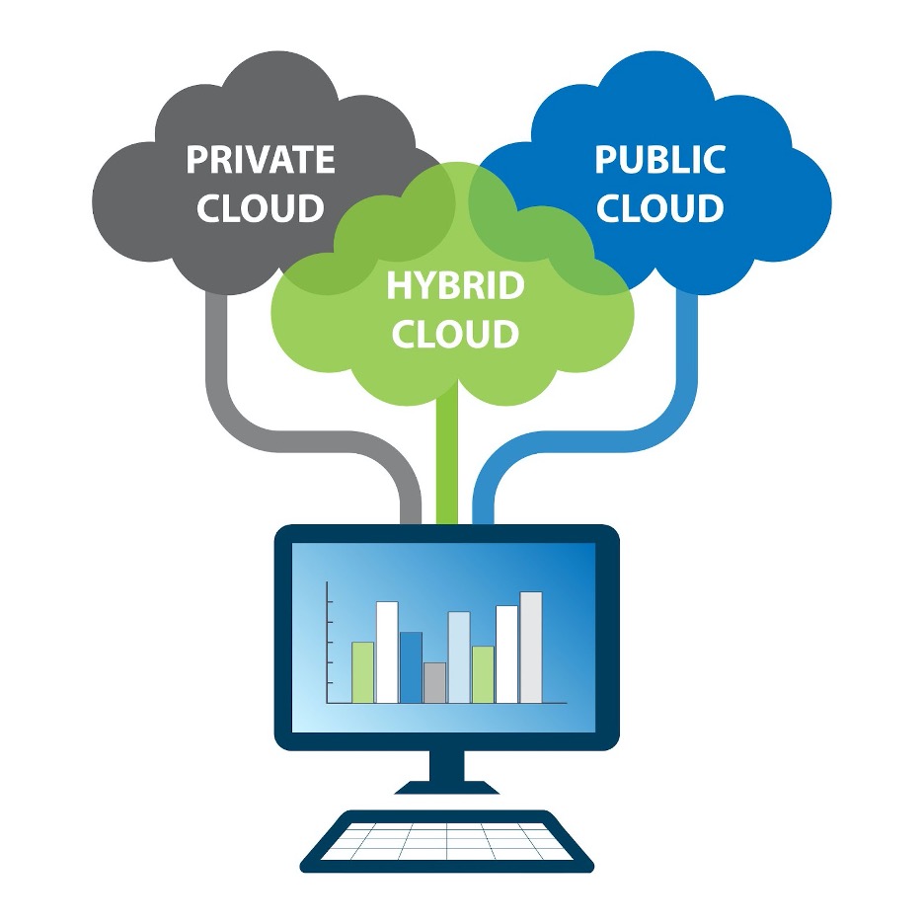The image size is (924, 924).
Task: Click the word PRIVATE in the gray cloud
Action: click(x=261, y=159)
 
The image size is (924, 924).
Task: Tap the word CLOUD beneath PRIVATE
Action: click(x=261, y=208)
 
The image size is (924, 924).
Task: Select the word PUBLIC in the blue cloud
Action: click(x=659, y=159)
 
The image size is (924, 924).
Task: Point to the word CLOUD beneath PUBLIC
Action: click(x=659, y=208)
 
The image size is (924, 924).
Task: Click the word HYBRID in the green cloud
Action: click(x=455, y=285)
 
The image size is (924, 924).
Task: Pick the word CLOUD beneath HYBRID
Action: click(x=455, y=334)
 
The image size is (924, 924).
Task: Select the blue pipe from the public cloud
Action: click(x=687, y=375)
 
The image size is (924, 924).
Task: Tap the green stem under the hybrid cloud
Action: click(x=447, y=464)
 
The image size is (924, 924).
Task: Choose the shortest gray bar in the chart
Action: click(x=434, y=683)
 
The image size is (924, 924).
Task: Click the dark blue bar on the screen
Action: click(x=411, y=667)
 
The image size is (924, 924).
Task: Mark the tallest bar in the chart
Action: click(x=531, y=648)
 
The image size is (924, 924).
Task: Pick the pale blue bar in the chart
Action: click(x=459, y=656)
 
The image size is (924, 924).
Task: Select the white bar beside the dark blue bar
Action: click(x=387, y=652)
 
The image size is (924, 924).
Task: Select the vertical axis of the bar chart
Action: click(x=327, y=642)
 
